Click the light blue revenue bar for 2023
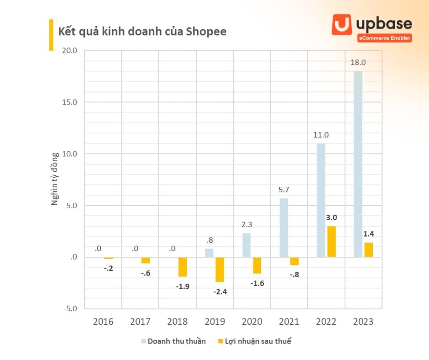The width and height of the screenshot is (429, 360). point(358,164)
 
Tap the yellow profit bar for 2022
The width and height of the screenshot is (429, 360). point(331,241)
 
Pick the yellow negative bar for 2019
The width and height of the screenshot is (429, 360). point(220,269)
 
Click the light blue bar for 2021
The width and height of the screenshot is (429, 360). point(284,228)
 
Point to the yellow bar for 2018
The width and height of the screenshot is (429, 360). point(183,267)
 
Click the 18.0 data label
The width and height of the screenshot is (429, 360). point(358,63)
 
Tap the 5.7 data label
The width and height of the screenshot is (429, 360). point(284,189)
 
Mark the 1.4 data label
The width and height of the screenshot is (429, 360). point(368,233)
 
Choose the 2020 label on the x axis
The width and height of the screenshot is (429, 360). point(252,322)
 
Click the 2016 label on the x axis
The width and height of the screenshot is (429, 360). point(103,322)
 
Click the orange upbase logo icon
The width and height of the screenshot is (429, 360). point(342,24)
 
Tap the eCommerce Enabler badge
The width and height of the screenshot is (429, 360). point(385,38)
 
